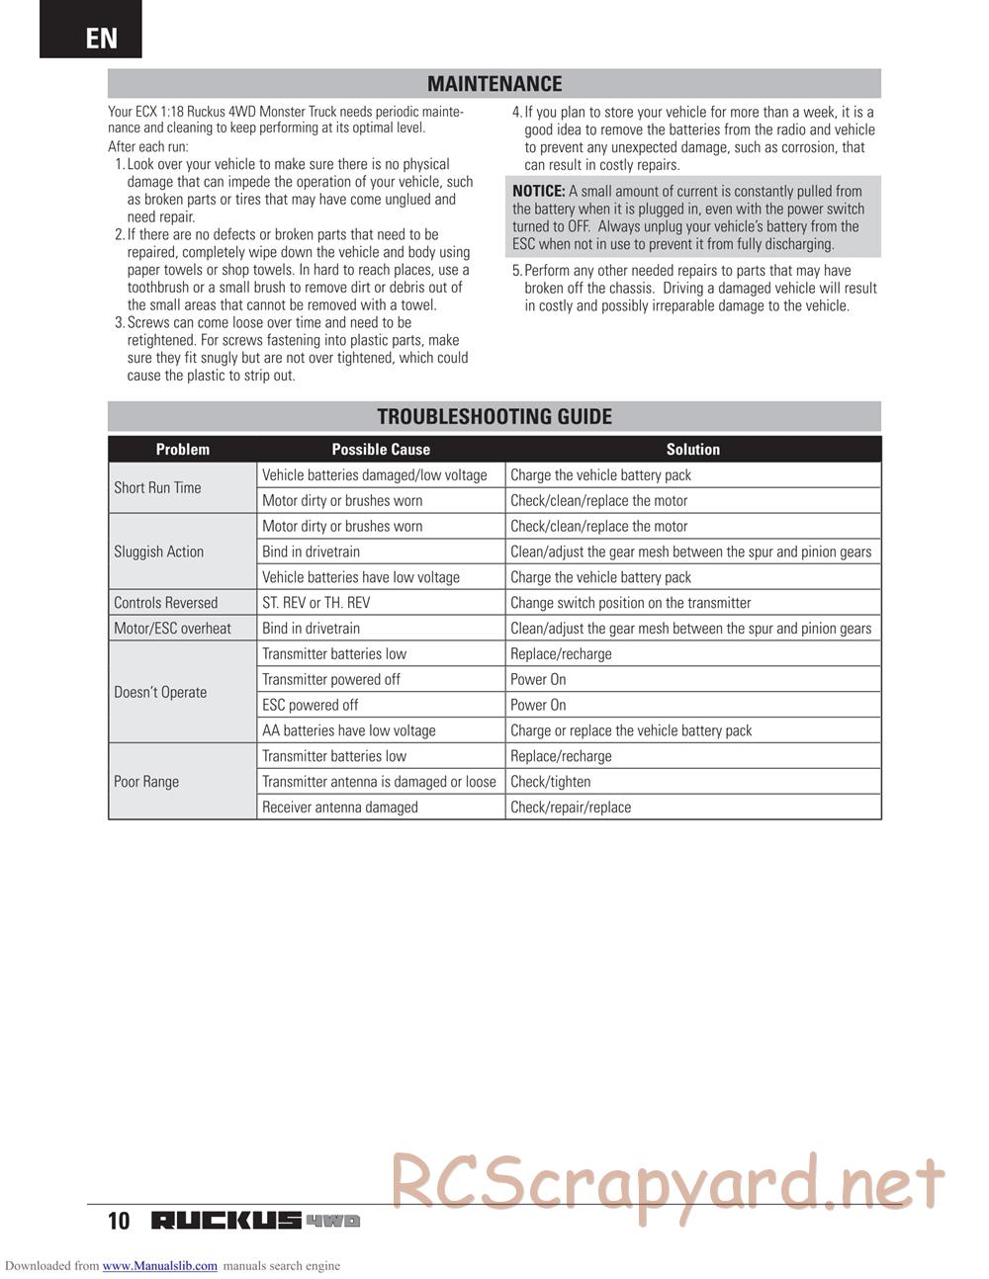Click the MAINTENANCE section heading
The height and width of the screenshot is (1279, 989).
coord(494,84)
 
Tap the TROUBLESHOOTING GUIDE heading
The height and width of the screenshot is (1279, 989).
coord(494,416)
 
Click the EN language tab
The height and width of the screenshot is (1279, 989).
coord(101,38)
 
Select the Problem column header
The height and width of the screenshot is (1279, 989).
coord(183,450)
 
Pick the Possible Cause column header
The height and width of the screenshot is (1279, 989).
coord(381,450)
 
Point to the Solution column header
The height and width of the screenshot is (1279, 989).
coord(692,450)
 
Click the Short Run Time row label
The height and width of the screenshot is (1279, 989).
coord(157,487)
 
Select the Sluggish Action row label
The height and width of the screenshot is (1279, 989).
coord(158,552)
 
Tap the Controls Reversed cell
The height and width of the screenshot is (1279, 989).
coord(165,603)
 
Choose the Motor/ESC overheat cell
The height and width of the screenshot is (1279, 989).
coord(172,629)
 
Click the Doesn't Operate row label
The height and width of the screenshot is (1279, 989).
coord(160,692)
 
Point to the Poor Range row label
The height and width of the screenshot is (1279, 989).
coord(146,782)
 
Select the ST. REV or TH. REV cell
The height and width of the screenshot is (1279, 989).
coord(316,603)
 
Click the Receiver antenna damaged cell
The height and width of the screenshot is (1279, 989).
coord(340,808)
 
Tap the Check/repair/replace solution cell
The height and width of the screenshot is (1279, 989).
coord(571,808)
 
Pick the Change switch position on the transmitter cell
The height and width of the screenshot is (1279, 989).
coord(631,603)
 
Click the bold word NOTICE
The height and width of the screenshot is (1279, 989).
coord(539,192)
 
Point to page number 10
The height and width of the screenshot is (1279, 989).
coord(119,1221)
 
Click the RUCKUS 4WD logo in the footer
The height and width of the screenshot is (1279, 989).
coord(255,1221)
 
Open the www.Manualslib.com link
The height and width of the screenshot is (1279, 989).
coord(159,1266)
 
